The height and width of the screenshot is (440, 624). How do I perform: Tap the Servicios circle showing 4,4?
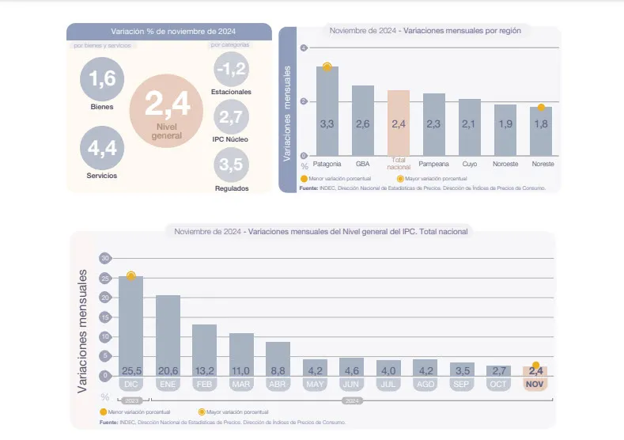coord(103,148)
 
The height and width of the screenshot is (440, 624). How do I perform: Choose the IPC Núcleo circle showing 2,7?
coord(231,118)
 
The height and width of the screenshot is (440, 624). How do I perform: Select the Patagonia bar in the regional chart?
coord(327,111)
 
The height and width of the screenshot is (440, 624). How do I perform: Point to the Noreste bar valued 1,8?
coord(541,131)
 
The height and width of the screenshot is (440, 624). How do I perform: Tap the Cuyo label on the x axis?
coord(470,164)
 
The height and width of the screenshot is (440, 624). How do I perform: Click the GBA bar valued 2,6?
coord(363,120)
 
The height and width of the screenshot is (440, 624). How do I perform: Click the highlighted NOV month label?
coord(535,384)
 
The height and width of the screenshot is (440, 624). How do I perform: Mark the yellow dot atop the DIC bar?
coord(131,276)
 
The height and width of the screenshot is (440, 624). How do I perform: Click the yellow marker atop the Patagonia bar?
coord(327,66)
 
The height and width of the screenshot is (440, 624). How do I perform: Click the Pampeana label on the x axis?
coord(434,164)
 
